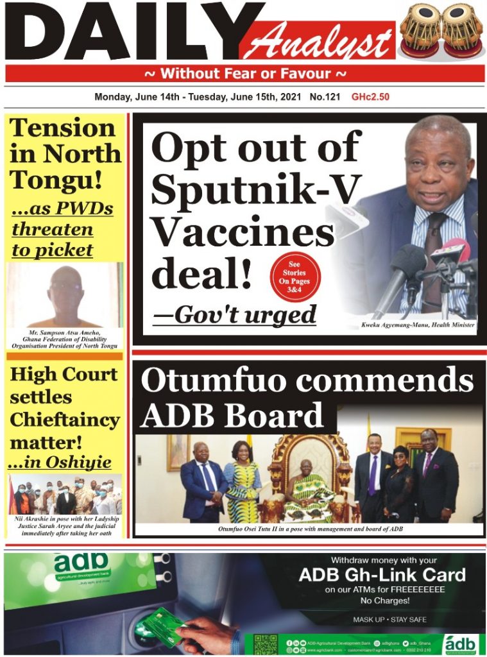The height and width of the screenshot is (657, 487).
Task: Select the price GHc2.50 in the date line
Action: (370, 98)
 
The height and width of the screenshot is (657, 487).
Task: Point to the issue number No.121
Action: (325, 98)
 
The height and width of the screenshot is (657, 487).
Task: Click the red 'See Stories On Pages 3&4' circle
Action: (295, 278)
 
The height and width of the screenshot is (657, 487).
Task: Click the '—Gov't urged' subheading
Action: (235, 315)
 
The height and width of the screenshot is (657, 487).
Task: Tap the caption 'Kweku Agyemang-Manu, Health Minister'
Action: (418, 326)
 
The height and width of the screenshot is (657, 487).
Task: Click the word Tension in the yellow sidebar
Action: (62, 128)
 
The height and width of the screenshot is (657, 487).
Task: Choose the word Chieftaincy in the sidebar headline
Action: (65, 420)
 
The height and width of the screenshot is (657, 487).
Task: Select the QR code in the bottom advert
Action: (265, 645)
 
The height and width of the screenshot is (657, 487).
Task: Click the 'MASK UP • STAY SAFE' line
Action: (389, 620)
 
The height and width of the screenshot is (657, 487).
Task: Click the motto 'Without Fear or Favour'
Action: (244, 73)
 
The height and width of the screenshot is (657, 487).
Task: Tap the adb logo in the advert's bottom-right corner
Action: (461, 643)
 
